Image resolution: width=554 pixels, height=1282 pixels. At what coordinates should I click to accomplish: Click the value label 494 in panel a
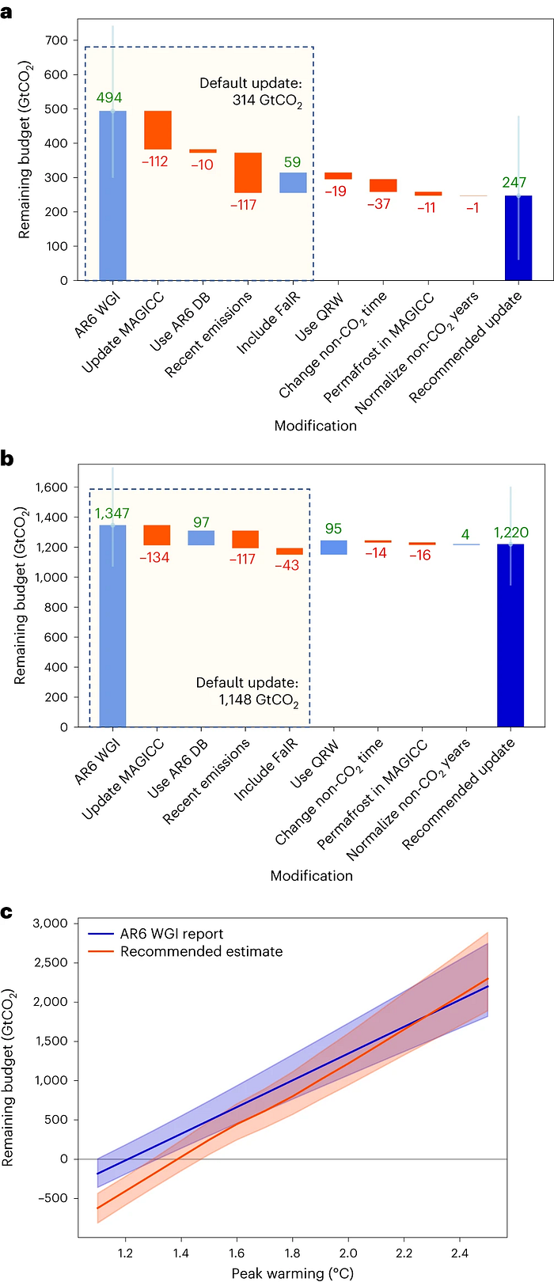coord(109,98)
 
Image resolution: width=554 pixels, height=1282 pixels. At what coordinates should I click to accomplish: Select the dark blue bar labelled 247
coord(518,237)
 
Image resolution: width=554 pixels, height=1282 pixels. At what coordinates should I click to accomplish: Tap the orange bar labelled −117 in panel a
coord(249,173)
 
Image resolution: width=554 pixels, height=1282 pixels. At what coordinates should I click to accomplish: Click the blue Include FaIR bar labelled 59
coord(293,183)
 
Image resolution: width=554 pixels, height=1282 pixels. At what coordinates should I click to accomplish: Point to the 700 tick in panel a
coord(57,40)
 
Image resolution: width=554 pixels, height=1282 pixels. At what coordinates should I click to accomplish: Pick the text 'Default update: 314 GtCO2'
coord(250,93)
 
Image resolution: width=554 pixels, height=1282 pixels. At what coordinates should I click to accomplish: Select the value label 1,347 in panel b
coord(112,514)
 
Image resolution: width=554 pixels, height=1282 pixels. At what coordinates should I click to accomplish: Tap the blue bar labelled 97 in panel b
coord(201,538)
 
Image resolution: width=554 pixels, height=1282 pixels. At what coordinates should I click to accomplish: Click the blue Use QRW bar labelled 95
coord(333,548)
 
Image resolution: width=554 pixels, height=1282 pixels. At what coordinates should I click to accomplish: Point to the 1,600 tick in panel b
coord(51,487)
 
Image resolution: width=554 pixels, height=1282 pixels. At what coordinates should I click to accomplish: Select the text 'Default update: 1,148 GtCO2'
coord(247,692)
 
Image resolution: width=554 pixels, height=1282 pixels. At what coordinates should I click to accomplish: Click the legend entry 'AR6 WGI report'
coord(172,934)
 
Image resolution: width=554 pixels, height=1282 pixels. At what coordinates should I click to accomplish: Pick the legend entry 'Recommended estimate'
coord(201,951)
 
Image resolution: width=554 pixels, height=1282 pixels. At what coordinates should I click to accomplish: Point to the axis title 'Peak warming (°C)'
coord(292,1273)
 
